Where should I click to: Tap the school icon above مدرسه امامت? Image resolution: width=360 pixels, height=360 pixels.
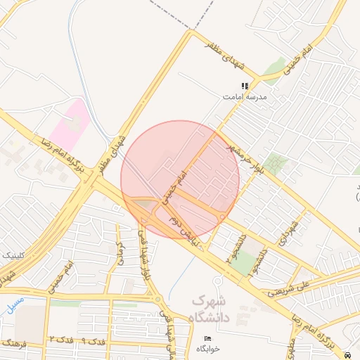pyautogui.click(x=244, y=86)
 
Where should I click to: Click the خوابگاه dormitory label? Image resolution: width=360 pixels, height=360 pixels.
pyautogui.click(x=207, y=349)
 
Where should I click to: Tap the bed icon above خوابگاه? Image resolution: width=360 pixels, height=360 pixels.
pyautogui.click(x=206, y=339)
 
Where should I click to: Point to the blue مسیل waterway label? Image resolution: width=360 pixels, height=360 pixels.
pyautogui.click(x=12, y=304)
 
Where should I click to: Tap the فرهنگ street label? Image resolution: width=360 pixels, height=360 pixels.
pyautogui.click(x=13, y=343)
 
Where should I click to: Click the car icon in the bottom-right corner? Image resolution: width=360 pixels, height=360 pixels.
pyautogui.click(x=350, y=354)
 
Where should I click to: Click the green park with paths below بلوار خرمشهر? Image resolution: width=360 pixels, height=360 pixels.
pyautogui.click(x=275, y=165)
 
